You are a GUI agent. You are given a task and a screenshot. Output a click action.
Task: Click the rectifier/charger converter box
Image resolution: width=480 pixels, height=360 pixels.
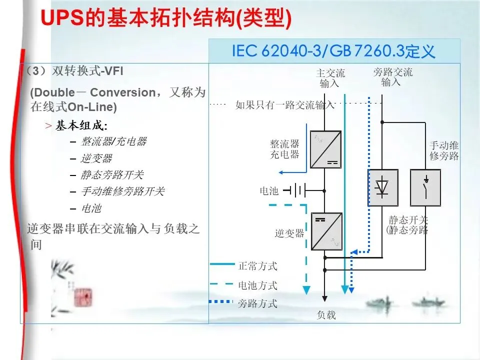[x=325, y=149]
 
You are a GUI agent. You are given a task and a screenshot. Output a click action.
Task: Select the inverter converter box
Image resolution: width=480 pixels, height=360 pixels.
[x=326, y=231]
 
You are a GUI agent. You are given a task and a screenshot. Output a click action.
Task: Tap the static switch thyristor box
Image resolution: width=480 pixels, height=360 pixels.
[x=383, y=187]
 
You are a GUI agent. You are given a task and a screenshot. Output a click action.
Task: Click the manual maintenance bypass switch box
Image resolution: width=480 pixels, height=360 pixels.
[x=425, y=187]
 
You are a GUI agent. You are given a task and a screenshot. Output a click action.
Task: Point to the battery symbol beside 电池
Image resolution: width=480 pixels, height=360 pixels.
[x=295, y=190]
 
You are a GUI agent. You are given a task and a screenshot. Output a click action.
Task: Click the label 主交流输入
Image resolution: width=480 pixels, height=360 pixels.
[x=330, y=78]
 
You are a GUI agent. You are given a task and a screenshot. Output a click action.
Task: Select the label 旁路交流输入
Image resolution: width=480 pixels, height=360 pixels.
[x=392, y=77]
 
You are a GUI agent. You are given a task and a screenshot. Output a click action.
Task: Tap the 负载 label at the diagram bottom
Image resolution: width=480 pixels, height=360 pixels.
[x=326, y=315]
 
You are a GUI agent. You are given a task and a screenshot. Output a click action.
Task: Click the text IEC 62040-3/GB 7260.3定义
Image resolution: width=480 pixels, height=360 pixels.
[x=333, y=51]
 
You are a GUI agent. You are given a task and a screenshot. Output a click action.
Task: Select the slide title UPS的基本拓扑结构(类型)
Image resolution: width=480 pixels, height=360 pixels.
[x=165, y=18]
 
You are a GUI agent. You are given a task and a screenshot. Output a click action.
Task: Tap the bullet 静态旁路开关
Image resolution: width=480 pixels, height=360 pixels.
[x=112, y=174]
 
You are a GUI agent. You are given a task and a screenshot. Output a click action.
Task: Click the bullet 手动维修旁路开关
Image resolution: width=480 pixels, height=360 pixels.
[x=122, y=191]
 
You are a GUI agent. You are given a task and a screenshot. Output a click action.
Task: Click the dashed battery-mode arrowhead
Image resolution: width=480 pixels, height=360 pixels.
[x=306, y=290]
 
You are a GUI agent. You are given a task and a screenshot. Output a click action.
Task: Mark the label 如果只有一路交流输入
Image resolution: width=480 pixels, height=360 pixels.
[x=284, y=105]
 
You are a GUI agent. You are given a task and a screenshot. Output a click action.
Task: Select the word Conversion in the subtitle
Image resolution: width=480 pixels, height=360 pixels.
[x=123, y=93]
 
